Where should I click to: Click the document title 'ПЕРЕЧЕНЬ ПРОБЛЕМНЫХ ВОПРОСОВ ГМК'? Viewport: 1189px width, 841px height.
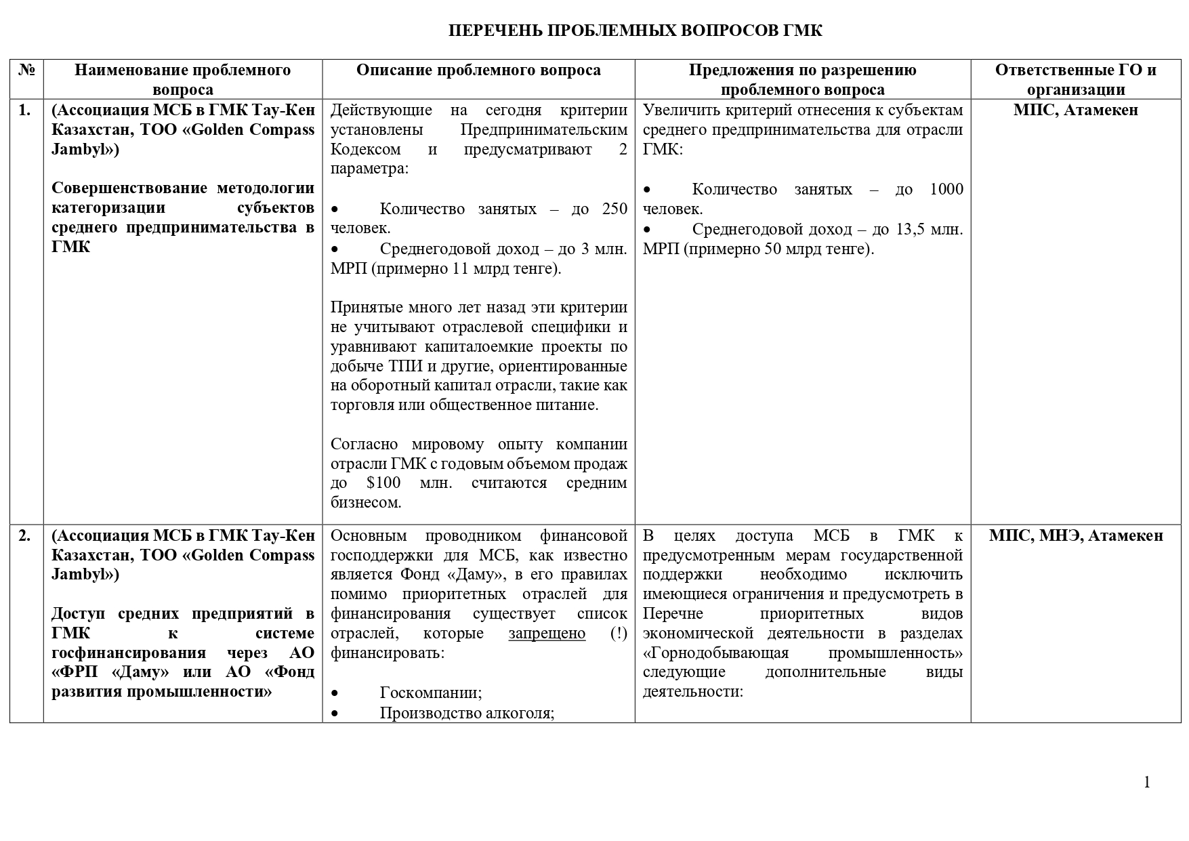point(635,30)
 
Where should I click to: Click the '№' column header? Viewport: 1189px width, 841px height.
point(26,70)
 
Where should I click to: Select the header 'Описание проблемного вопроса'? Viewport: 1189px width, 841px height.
point(478,70)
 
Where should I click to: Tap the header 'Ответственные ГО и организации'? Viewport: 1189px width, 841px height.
point(1075,79)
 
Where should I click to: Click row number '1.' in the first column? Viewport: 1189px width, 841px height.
point(24,110)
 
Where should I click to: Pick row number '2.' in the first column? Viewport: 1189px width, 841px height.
point(24,535)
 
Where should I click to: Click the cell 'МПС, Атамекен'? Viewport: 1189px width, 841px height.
point(1075,110)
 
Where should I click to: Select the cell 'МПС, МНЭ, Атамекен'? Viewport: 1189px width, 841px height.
point(1075,535)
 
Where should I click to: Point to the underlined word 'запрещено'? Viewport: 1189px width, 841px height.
point(547,634)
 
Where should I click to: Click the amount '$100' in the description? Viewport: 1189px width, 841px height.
point(383,483)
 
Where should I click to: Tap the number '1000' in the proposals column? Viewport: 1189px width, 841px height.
point(946,190)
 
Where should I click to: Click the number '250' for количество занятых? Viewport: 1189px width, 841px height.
point(614,209)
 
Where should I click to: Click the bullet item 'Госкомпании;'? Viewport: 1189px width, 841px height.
point(431,693)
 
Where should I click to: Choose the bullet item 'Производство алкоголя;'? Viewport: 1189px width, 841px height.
point(467,712)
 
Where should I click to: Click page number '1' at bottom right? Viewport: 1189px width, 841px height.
point(1146,783)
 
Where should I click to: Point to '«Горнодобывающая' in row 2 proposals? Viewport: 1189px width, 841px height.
point(716,653)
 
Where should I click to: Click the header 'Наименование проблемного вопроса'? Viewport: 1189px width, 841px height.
point(182,79)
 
